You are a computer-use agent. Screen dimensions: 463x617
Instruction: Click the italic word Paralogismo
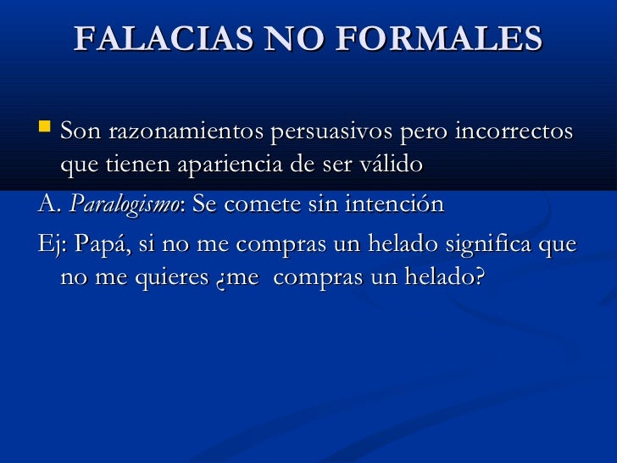[125, 205]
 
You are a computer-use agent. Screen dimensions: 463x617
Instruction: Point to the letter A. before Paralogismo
[48, 205]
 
